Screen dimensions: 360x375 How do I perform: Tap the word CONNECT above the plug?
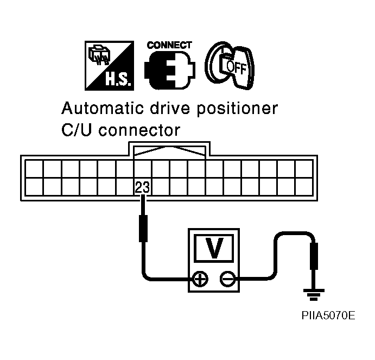coord(169,45)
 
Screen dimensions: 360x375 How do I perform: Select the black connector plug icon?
coord(169,71)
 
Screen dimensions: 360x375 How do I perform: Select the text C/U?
coord(77,131)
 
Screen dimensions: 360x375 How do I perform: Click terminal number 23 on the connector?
coord(142,187)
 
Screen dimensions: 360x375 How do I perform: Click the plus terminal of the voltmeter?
coord(201,279)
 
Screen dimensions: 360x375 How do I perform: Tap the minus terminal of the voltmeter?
coord(227,279)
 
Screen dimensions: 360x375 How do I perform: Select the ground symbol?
coord(312,296)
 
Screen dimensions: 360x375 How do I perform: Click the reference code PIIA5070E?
coord(329,315)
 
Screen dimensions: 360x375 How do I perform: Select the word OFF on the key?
coord(237,67)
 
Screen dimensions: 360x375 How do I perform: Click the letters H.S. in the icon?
coord(115,80)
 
